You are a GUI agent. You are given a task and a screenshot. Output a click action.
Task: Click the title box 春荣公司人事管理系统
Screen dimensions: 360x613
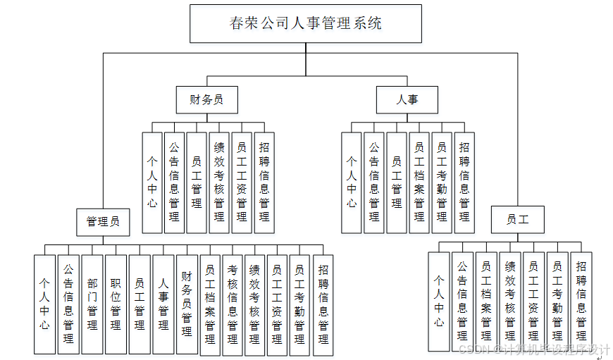(306, 23)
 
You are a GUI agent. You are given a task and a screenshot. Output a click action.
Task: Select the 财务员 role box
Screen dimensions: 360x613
(206, 99)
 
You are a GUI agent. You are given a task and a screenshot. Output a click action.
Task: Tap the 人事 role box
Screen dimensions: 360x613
(407, 99)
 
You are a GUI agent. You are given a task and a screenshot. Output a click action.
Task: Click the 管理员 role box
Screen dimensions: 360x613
(103, 222)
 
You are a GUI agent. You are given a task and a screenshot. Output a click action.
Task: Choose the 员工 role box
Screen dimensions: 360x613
(517, 220)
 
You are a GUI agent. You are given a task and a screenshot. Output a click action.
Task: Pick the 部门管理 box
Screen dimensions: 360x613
(92, 304)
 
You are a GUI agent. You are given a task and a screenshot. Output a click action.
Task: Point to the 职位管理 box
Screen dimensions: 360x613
(116, 304)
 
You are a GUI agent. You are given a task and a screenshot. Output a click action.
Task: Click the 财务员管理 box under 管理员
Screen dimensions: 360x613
(187, 304)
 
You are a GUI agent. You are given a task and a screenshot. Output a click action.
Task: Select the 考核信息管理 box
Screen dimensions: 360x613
(233, 304)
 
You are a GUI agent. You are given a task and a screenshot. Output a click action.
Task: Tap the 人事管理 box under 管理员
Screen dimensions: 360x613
(163, 304)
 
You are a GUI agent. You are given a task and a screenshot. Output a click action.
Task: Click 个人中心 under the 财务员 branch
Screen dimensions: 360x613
(152, 182)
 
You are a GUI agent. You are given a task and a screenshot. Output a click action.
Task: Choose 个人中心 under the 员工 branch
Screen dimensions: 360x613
(439, 301)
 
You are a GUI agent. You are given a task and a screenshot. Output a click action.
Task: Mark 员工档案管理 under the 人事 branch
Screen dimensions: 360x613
(419, 182)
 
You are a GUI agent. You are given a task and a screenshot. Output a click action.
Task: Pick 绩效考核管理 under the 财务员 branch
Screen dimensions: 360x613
(219, 182)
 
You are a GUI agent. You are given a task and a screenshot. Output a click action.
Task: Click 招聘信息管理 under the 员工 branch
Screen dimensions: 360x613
(581, 301)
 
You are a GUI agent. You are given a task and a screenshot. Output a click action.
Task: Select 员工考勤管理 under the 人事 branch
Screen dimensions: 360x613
(442, 182)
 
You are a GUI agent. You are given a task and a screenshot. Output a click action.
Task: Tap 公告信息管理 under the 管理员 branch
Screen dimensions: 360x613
(68, 304)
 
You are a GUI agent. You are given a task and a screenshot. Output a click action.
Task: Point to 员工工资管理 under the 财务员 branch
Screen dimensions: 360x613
(242, 182)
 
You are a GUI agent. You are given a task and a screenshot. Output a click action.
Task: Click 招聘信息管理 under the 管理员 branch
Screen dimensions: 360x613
(323, 304)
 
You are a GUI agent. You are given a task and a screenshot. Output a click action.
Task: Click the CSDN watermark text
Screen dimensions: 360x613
(533, 349)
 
